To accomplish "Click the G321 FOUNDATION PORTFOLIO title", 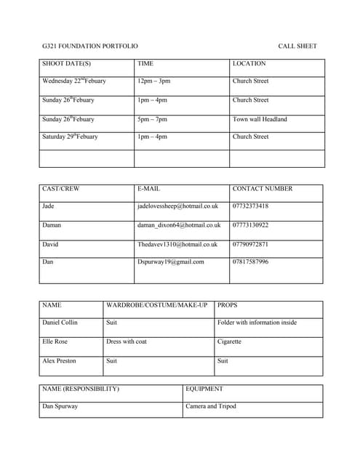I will tap(89, 46).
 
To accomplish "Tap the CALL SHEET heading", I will tap(297, 46).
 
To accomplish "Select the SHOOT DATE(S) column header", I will tap(66, 64).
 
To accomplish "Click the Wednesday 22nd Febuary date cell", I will tap(74, 81).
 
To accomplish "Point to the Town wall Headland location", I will tap(260, 119).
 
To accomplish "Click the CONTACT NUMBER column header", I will tap(263, 189).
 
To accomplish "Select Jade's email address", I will tap(177, 206).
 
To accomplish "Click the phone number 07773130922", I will tap(250, 225).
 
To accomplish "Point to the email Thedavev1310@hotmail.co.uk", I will tap(177, 245).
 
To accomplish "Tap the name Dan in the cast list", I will tap(48, 262).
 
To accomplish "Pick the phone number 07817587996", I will tap(250, 262).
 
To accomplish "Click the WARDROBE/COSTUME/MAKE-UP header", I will tap(157, 305).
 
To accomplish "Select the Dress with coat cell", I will tap(127, 341).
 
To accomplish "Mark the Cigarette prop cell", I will tap(229, 341).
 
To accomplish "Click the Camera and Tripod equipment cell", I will tap(211, 407).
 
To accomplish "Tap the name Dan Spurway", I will tap(60, 407).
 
